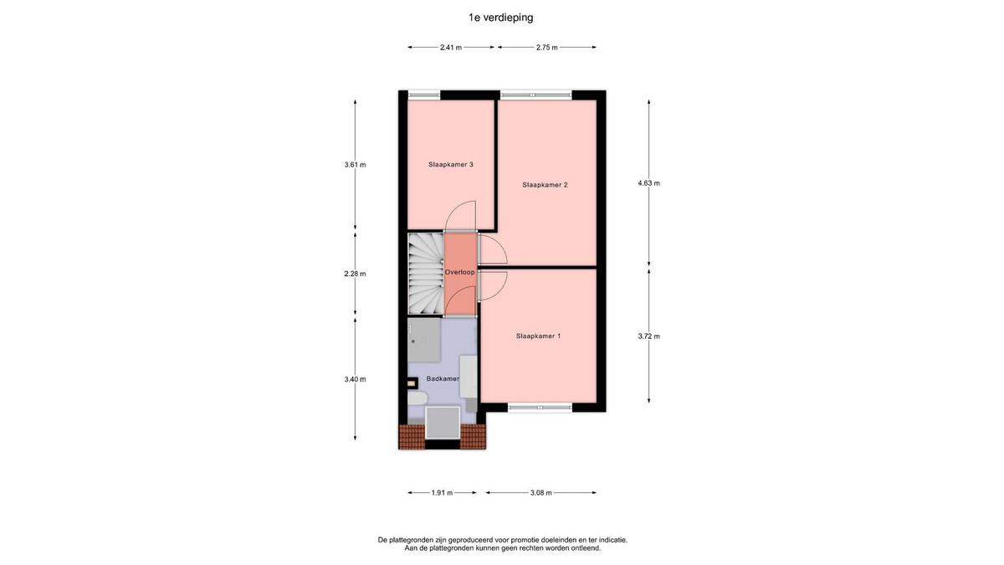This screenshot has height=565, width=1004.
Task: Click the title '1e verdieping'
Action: click(x=500, y=18)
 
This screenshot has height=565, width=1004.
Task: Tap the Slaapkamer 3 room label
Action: click(x=450, y=165)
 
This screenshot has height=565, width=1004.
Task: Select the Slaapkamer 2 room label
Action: click(x=545, y=185)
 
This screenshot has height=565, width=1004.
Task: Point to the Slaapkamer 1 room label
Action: click(x=538, y=336)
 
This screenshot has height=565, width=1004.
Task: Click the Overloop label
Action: click(x=459, y=272)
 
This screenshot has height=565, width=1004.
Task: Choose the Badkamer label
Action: click(x=443, y=379)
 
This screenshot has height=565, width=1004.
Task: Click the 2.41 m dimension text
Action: click(x=451, y=48)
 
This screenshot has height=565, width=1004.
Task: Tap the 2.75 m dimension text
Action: click(x=547, y=48)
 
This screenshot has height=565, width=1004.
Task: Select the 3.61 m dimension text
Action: click(x=355, y=165)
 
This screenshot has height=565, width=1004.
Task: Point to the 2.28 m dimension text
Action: click(x=355, y=274)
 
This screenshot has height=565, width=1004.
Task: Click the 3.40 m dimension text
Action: click(x=355, y=379)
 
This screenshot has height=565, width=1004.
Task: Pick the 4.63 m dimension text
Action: click(x=648, y=183)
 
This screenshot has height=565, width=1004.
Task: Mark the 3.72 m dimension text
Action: click(x=648, y=336)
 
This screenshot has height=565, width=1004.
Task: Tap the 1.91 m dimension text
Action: click(x=442, y=493)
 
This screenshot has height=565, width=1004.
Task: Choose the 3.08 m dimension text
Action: click(x=541, y=493)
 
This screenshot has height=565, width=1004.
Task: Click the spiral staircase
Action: click(x=426, y=274)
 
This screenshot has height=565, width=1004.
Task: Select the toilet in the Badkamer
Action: click(x=417, y=398)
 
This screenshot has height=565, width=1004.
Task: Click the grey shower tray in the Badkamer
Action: click(x=424, y=340)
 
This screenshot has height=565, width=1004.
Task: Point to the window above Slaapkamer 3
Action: click(x=424, y=95)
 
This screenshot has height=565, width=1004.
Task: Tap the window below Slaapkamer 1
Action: click(x=540, y=407)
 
